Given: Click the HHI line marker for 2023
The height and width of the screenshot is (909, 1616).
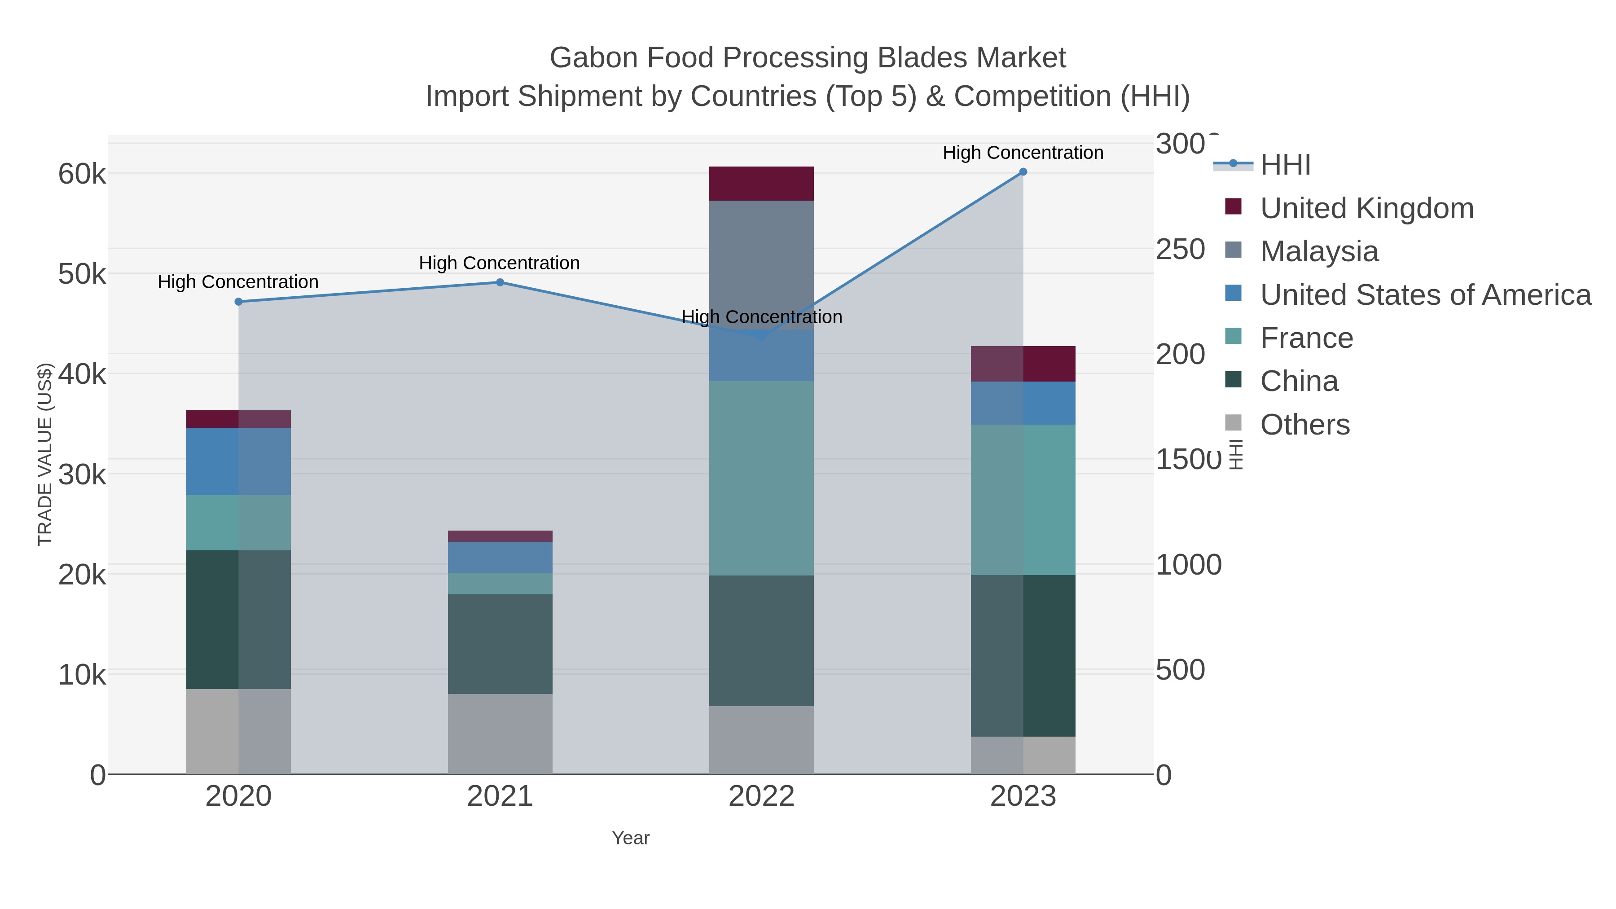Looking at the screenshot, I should (x=1023, y=172).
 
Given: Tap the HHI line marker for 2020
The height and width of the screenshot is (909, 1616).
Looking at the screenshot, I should (x=238, y=302).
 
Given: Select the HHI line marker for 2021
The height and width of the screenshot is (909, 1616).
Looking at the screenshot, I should (x=500, y=282).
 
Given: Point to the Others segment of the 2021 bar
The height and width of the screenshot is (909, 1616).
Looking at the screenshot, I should (x=500, y=733).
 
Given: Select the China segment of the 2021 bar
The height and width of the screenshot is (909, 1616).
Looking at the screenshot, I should (x=500, y=644).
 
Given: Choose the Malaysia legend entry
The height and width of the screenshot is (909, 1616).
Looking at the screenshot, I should (x=1319, y=251).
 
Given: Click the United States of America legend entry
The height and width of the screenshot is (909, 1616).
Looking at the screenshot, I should (x=1425, y=295).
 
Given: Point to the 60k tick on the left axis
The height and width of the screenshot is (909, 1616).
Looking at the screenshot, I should (x=82, y=174).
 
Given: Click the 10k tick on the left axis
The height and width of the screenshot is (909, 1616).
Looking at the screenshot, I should (x=82, y=675).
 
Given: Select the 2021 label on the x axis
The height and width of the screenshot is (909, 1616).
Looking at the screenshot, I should (x=500, y=797).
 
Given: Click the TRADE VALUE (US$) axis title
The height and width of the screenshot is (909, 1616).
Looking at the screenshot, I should (x=45, y=454).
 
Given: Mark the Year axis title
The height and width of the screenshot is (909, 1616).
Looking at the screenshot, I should (x=631, y=838).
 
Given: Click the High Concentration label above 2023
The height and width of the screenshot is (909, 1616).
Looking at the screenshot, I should (x=1023, y=153).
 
